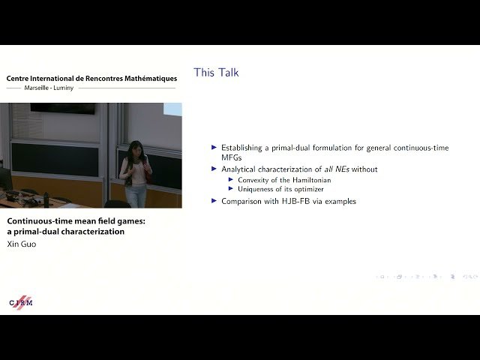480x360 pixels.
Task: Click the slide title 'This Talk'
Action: [x=216, y=73]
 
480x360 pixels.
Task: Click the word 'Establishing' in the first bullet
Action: [x=244, y=148]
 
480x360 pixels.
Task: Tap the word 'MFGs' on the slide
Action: [x=233, y=157]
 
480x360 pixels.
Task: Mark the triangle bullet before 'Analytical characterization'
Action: [x=214, y=169]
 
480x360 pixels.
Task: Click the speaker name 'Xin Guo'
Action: [x=22, y=244]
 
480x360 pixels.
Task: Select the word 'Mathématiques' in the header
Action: [x=146, y=79]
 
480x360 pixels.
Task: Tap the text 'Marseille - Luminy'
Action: [x=54, y=88]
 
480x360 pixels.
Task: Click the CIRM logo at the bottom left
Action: [x=20, y=301]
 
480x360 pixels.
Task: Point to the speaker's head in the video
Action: [x=135, y=148]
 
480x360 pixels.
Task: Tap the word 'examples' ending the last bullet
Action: [x=340, y=201]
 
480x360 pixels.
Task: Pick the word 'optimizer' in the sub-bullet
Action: [x=308, y=190]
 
